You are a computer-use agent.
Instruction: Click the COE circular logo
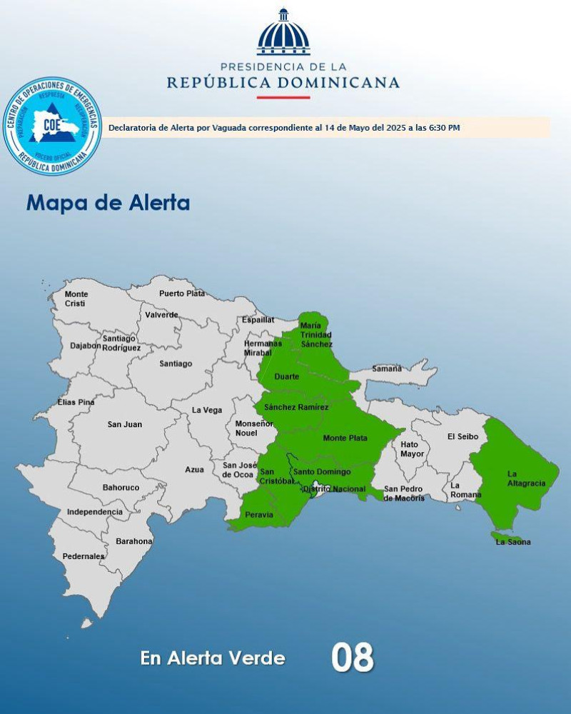[52, 127]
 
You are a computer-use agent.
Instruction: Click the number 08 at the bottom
[352, 658]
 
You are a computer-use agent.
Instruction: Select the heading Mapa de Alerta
[108, 203]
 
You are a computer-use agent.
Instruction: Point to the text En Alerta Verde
[213, 658]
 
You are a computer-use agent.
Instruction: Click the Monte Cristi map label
[76, 299]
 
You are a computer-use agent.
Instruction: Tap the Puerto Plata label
[181, 293]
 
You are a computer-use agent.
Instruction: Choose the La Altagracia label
[526, 478]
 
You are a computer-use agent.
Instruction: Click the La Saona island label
[513, 542]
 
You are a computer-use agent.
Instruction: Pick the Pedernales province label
[84, 556]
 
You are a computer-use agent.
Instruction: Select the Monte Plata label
[345, 438]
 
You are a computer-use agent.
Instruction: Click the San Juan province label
[125, 425]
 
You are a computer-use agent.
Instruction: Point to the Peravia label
[258, 515]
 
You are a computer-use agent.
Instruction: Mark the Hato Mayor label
[412, 449]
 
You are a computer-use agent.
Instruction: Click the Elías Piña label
[76, 403]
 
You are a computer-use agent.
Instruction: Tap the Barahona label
[133, 541]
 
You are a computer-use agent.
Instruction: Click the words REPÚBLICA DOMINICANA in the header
[283, 83]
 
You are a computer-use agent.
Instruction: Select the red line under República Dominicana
[283, 97]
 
